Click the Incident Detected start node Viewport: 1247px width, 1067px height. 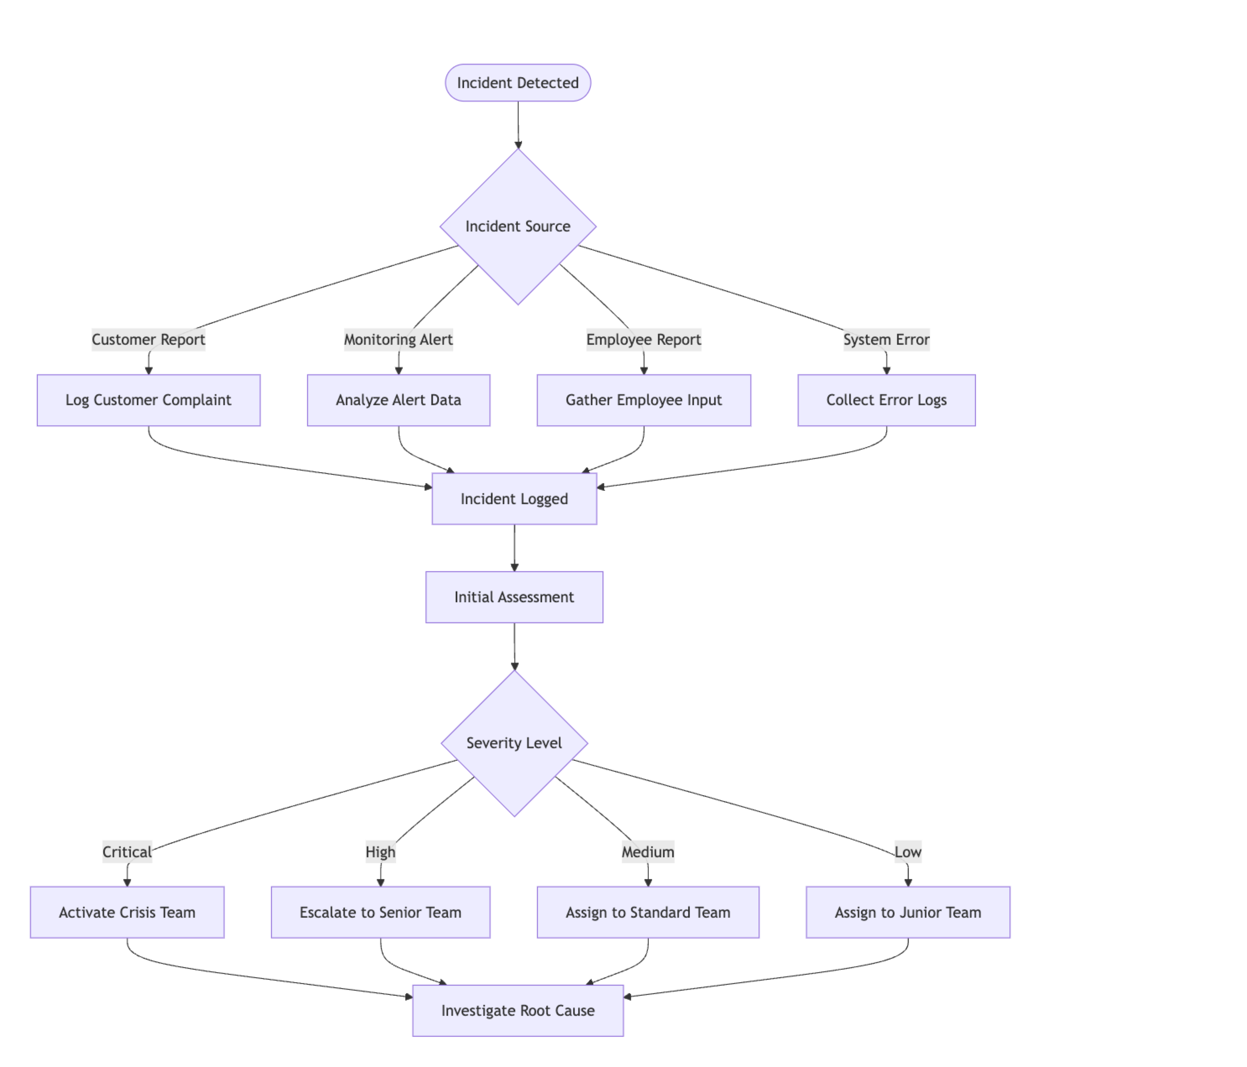click(x=518, y=83)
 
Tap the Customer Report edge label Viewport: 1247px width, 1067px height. click(x=148, y=340)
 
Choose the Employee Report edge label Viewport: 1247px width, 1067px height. click(x=643, y=340)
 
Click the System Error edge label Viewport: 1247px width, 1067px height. click(x=886, y=340)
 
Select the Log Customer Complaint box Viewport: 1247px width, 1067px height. click(x=148, y=401)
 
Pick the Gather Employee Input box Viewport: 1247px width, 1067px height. click(x=643, y=401)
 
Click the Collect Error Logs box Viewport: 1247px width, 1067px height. click(x=886, y=401)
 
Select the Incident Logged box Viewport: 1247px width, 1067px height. click(x=514, y=499)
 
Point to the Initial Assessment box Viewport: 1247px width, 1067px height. click(x=514, y=597)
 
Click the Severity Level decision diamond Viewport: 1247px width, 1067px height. click(x=514, y=743)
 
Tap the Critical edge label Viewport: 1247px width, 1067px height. click(x=127, y=852)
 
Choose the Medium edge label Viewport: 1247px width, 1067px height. click(x=647, y=852)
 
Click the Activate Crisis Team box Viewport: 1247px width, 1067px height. click(x=127, y=912)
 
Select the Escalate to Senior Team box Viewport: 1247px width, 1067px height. click(x=381, y=912)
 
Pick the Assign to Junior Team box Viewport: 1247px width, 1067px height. click(x=908, y=912)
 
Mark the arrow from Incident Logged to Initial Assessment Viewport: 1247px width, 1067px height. click(x=514, y=548)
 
